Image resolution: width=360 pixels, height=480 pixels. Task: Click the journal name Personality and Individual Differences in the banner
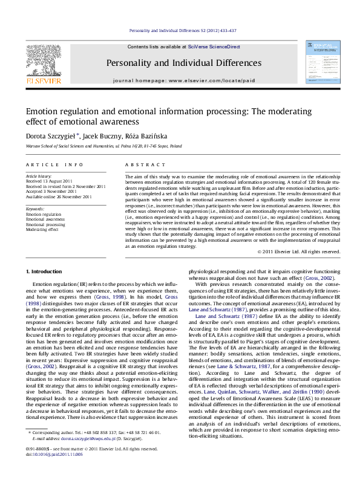click(x=175, y=62)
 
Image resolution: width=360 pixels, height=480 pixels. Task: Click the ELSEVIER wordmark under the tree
click(x=42, y=80)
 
